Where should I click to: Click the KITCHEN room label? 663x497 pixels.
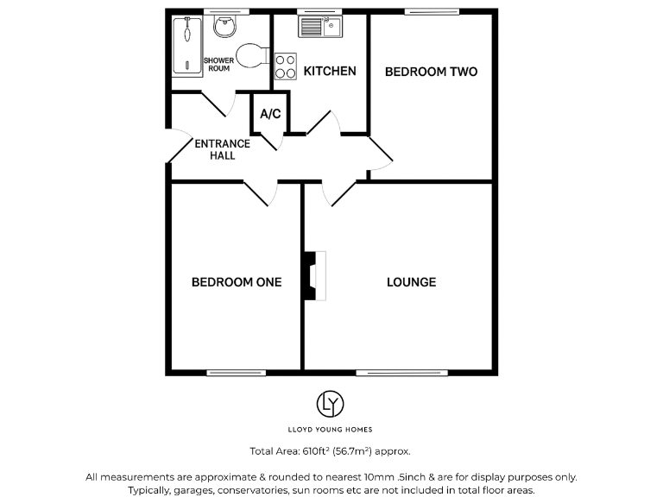pyautogui.click(x=330, y=71)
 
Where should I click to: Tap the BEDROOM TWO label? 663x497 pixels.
pyautogui.click(x=431, y=72)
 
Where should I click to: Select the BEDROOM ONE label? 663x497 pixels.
pyautogui.click(x=236, y=282)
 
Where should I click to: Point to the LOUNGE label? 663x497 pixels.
pyautogui.click(x=411, y=282)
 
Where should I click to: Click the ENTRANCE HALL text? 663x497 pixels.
pyautogui.click(x=222, y=149)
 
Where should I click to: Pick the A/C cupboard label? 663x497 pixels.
pyautogui.click(x=270, y=114)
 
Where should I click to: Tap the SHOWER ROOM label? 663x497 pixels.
pyautogui.click(x=218, y=64)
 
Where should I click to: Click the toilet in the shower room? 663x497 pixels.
pyautogui.click(x=250, y=55)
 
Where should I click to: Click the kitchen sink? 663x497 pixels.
pyautogui.click(x=320, y=28)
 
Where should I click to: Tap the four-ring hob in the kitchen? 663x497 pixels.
pyautogui.click(x=285, y=66)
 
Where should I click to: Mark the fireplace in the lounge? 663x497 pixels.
pyautogui.click(x=313, y=276)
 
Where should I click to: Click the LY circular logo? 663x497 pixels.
pyautogui.click(x=331, y=403)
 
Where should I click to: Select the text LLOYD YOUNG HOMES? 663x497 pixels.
pyautogui.click(x=331, y=429)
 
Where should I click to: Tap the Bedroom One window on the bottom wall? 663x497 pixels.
pyautogui.click(x=224, y=373)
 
